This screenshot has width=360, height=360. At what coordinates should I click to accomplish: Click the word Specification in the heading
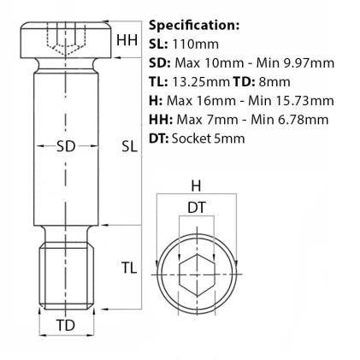tap(192, 26)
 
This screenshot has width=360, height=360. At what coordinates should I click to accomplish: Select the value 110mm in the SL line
tap(196, 44)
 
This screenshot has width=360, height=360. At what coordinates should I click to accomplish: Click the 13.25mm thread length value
tap(201, 82)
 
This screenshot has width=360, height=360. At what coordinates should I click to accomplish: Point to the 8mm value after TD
tap(274, 82)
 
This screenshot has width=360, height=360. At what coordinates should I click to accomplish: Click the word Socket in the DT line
tap(191, 139)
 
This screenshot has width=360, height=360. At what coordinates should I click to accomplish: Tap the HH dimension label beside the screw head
tap(127, 40)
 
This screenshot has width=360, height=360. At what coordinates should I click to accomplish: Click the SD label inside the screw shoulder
tap(66, 146)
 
